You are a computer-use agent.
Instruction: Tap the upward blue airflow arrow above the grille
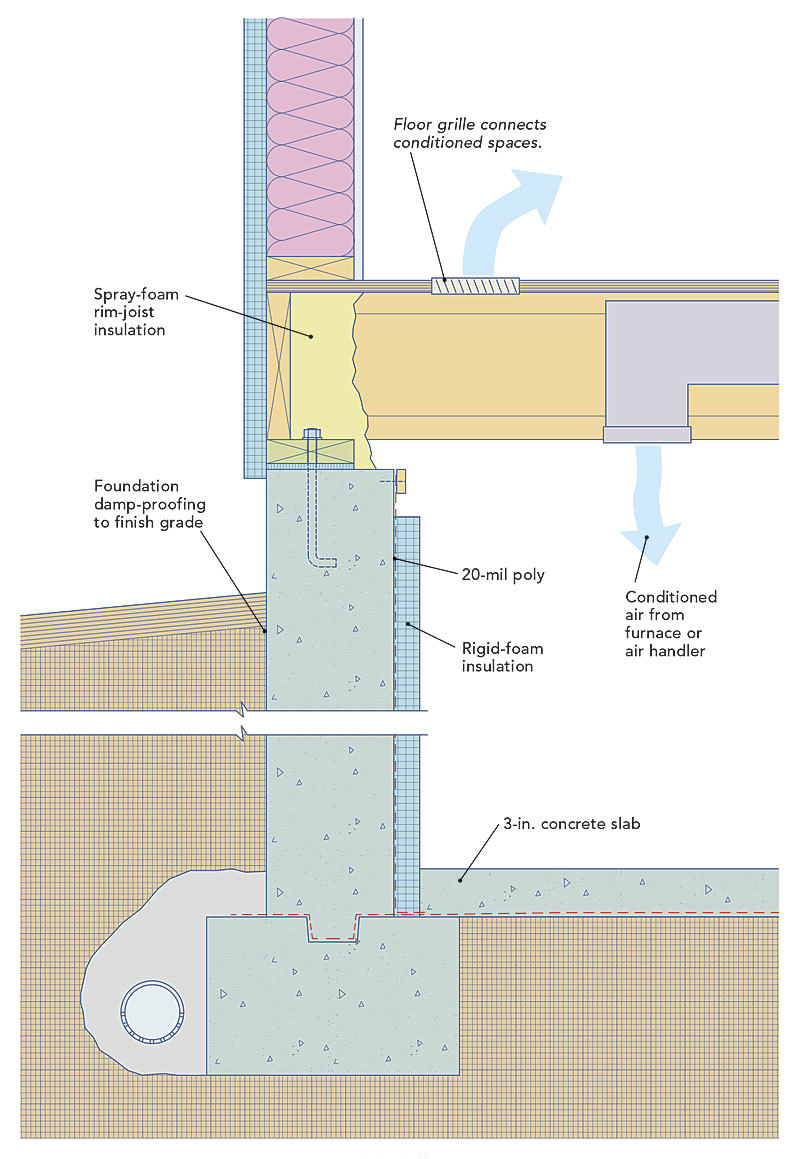[520, 210]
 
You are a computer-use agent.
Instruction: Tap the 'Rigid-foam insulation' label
[502, 657]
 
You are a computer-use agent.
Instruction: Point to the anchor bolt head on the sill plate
[311, 434]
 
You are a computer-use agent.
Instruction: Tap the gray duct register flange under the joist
[646, 435]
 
